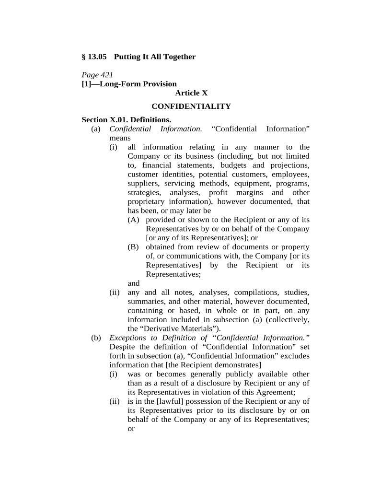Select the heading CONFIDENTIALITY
191,106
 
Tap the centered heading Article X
191,93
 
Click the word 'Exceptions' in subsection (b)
127,338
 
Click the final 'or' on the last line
131,429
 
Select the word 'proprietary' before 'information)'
146,201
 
